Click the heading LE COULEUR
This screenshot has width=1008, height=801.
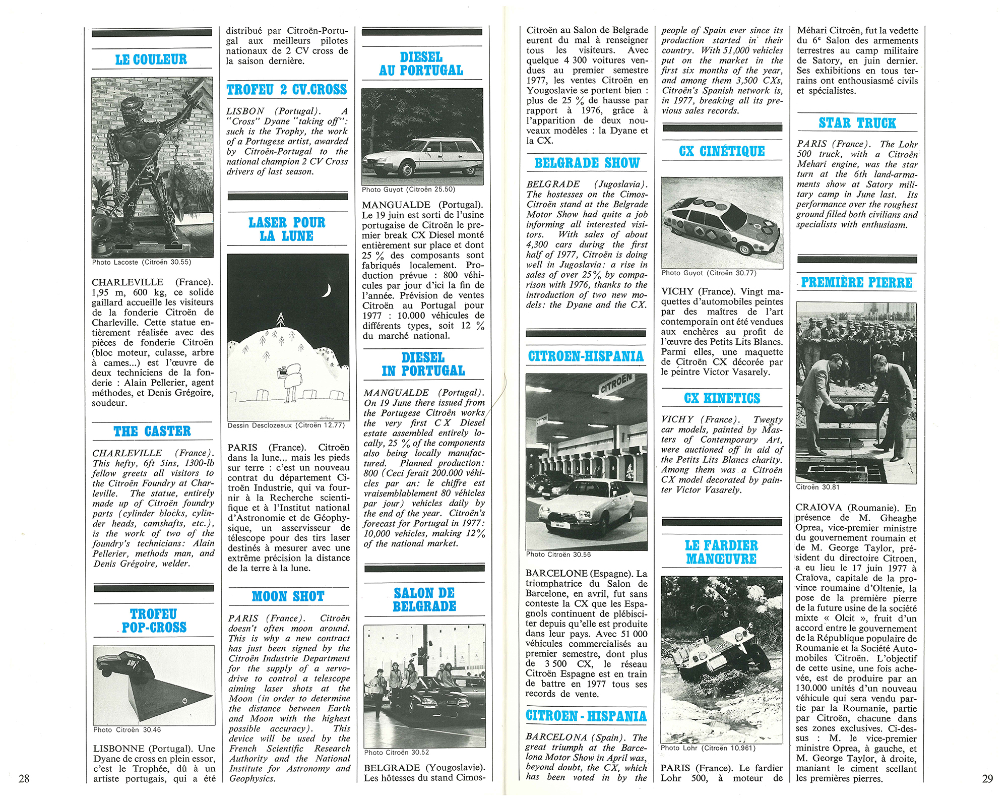[151, 59]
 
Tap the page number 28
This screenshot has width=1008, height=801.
[24, 778]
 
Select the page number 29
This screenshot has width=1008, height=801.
[987, 779]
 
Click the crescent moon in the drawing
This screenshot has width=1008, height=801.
[327, 291]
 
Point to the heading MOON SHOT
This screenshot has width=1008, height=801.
[288, 596]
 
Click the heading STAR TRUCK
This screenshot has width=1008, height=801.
[857, 124]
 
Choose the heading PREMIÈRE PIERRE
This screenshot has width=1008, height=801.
[856, 282]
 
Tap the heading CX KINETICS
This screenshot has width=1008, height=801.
[722, 398]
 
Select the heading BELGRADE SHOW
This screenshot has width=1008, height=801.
[587, 163]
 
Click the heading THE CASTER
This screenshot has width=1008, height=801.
[152, 432]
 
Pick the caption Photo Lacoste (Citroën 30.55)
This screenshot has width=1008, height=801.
[142, 262]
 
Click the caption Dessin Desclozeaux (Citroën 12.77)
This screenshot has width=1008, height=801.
[286, 425]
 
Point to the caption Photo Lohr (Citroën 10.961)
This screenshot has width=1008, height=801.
[708, 748]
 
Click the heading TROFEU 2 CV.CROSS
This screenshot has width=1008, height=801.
[287, 90]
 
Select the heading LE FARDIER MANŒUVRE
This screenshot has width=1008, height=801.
[721, 552]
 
